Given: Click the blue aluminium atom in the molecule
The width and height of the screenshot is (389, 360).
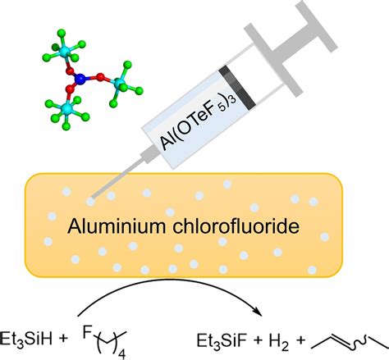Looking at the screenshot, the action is (80, 79).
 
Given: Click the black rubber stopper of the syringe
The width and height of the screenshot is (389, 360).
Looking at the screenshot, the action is (237, 88).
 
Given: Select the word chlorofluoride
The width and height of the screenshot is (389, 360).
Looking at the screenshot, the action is (236, 226).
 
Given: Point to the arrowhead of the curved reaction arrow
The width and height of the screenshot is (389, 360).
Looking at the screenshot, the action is (258, 312).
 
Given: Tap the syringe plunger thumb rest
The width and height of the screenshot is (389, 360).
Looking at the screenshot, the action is (317, 25).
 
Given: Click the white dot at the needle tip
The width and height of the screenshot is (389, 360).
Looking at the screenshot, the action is (90, 202).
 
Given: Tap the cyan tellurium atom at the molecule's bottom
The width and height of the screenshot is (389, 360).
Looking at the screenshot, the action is (66, 108).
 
